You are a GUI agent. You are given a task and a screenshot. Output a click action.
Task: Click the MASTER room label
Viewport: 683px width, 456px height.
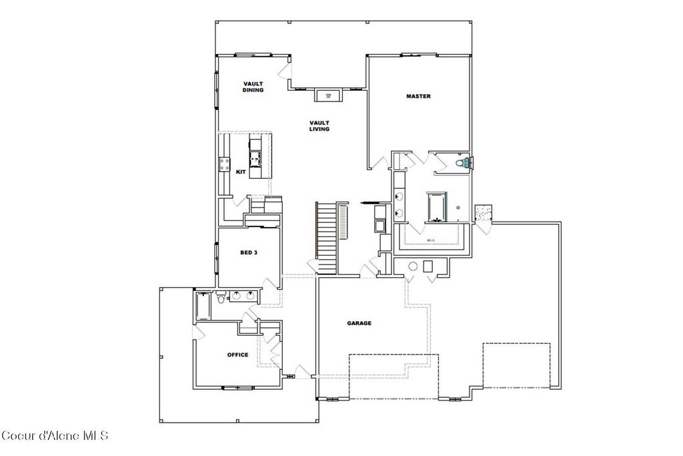coord(418,96)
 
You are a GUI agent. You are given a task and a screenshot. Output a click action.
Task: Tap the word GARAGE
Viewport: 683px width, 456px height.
coord(359,323)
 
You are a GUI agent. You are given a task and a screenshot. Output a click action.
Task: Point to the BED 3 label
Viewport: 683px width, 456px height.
coord(249,253)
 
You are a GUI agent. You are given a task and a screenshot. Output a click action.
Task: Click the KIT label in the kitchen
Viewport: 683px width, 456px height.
coord(241,172)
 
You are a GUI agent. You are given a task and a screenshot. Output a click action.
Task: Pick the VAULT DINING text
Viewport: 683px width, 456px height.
coord(253,87)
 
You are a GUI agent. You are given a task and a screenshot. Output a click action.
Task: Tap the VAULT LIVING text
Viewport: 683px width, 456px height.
coord(319,126)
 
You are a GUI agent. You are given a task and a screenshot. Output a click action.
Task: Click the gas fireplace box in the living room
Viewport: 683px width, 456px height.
coord(328,95)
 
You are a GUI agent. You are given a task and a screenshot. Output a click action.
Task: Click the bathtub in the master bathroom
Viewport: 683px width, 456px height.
coord(436,206)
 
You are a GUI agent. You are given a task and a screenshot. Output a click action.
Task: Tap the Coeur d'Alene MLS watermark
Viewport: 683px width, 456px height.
coord(55,436)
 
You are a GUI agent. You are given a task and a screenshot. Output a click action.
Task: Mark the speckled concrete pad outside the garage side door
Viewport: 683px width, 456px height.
coord(482,212)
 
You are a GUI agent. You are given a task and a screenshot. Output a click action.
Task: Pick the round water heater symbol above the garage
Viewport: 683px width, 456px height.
coord(413,266)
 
